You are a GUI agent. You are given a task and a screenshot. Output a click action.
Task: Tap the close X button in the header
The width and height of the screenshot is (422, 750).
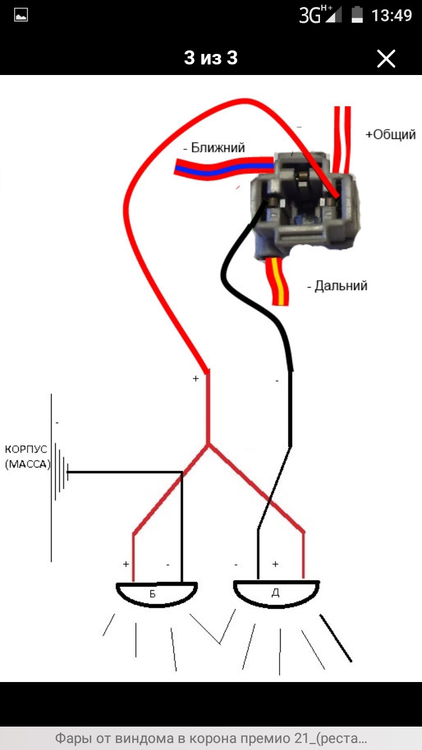(x=386, y=59)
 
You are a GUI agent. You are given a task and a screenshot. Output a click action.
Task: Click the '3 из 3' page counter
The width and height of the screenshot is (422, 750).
(x=210, y=58)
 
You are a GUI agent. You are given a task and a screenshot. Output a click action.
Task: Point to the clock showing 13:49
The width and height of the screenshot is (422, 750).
(x=392, y=15)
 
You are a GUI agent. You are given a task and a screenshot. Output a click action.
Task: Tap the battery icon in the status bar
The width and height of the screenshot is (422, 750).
(x=357, y=15)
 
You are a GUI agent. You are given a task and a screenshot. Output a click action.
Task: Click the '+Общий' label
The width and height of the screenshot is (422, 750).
(x=390, y=135)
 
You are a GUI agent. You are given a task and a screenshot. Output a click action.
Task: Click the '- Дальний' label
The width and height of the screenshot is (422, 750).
(x=337, y=286)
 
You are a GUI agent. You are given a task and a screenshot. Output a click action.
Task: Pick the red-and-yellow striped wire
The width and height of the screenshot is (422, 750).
(x=280, y=281)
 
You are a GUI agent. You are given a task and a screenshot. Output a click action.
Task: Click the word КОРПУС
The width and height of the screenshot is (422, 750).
(x=25, y=450)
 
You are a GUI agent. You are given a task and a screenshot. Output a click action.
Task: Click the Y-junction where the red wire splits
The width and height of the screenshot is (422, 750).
(x=208, y=446)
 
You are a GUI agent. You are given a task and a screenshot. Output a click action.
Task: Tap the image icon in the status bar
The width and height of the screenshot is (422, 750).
(x=21, y=15)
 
